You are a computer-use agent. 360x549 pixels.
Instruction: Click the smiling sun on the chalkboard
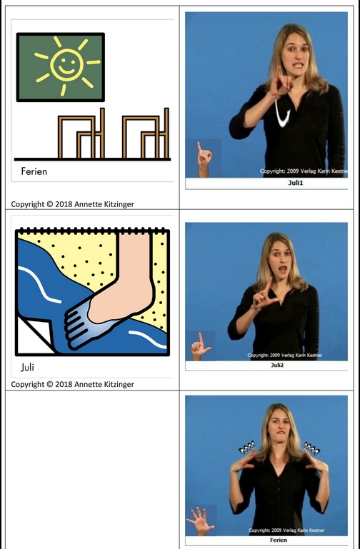click(x=66, y=65)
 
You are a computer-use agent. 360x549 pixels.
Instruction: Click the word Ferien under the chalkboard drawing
click(x=34, y=171)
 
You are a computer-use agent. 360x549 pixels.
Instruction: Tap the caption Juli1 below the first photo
click(x=296, y=183)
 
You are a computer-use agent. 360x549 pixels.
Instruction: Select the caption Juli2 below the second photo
click(x=277, y=366)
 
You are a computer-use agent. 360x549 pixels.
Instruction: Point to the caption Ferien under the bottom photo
click(x=279, y=540)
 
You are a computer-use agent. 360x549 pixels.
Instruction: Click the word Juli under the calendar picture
click(x=27, y=367)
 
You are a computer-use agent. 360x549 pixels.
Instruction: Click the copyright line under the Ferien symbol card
click(x=72, y=204)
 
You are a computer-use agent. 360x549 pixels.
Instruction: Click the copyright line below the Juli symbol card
click(x=72, y=384)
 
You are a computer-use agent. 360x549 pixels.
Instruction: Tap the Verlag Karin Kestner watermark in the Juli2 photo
click(x=284, y=355)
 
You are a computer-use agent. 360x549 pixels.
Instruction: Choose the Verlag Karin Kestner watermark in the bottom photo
click(x=286, y=530)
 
